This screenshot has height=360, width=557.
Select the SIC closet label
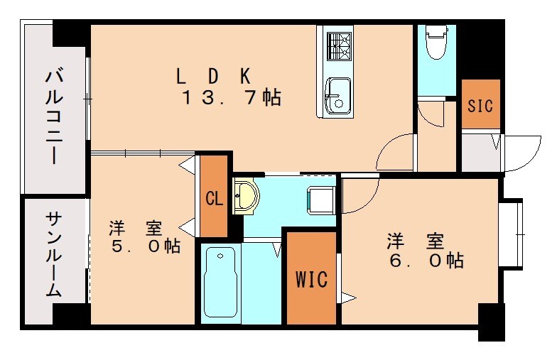point(480,105)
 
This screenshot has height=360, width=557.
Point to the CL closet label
point(214,198)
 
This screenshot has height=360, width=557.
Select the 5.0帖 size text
point(145,246)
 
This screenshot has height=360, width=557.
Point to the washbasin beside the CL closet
point(246,195)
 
